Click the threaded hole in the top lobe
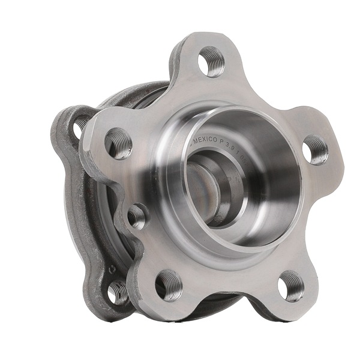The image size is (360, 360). pyautogui.click(x=211, y=61)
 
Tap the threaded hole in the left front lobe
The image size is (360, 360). pyautogui.click(x=118, y=143)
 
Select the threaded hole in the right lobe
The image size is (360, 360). pyautogui.click(x=316, y=149)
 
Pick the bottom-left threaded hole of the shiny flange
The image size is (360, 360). pyautogui.click(x=169, y=285)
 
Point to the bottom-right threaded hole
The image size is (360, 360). pyautogui.click(x=291, y=286)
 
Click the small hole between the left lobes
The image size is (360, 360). pyautogui.click(x=137, y=215)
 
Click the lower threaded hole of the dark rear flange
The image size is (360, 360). pyautogui.click(x=118, y=292)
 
